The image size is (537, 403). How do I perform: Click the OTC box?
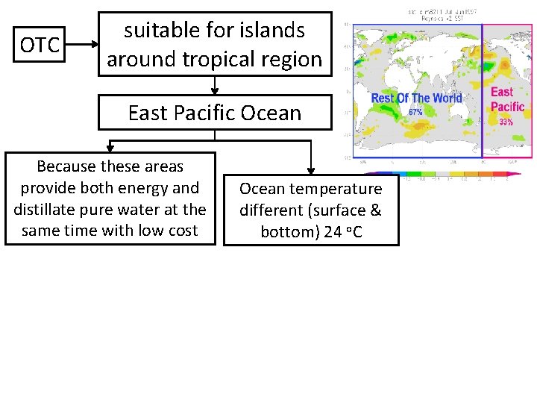40,45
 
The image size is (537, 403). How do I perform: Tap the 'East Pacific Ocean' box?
215,113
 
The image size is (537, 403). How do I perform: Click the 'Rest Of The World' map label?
416,99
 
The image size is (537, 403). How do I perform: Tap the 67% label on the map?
416,111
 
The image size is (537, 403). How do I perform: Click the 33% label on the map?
506,122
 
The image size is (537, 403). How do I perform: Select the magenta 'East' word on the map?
502,92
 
